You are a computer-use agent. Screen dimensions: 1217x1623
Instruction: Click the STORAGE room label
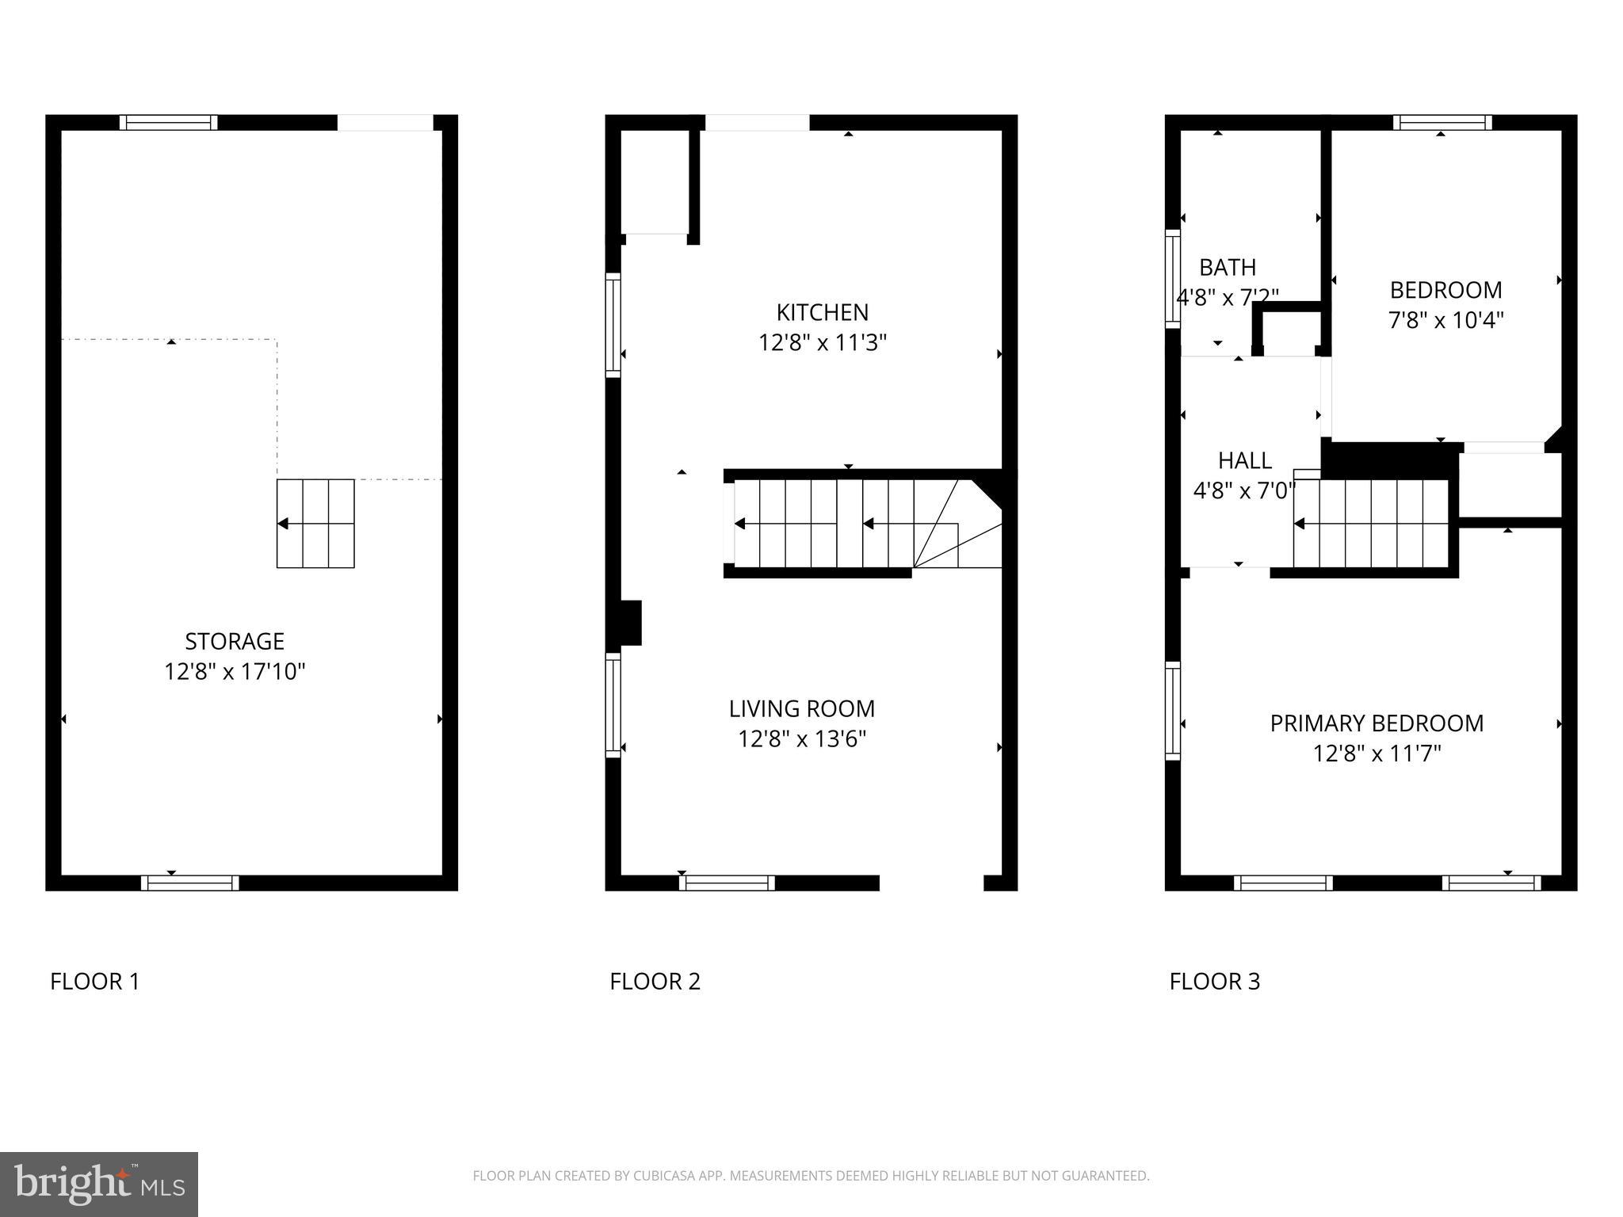pos(235,641)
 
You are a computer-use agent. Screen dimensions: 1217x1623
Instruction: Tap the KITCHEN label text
pos(822,312)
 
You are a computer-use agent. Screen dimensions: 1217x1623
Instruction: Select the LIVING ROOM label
pos(802,708)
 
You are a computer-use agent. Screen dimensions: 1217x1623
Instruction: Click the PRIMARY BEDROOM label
pos(1377,723)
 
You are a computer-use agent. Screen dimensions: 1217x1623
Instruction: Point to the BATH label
pos(1227,268)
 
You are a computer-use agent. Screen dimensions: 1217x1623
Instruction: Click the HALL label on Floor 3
pos(1244,460)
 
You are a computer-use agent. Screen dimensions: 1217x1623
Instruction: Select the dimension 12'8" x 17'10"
pos(235,672)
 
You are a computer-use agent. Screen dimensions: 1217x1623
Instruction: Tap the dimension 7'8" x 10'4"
pos(1445,321)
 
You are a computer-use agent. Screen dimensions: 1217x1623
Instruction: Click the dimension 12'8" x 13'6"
pos(802,739)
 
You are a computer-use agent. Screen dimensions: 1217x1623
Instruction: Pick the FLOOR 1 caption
pos(95,982)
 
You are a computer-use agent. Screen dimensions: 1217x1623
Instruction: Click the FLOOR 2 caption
pos(655,982)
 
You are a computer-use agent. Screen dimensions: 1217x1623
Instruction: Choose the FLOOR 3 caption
pos(1214,982)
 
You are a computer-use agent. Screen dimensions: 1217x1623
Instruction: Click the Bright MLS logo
pos(98,1184)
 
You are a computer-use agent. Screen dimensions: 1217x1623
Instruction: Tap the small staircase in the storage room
pos(315,524)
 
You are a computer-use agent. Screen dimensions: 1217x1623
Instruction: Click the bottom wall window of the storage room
pos(190,883)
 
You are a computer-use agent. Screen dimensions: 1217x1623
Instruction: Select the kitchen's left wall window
pos(613,324)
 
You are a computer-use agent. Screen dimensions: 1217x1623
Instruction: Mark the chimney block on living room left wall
pos(629,623)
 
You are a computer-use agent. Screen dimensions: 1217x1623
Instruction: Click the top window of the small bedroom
pos(1442,123)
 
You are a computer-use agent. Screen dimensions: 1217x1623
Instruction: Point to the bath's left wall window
pos(1172,278)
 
